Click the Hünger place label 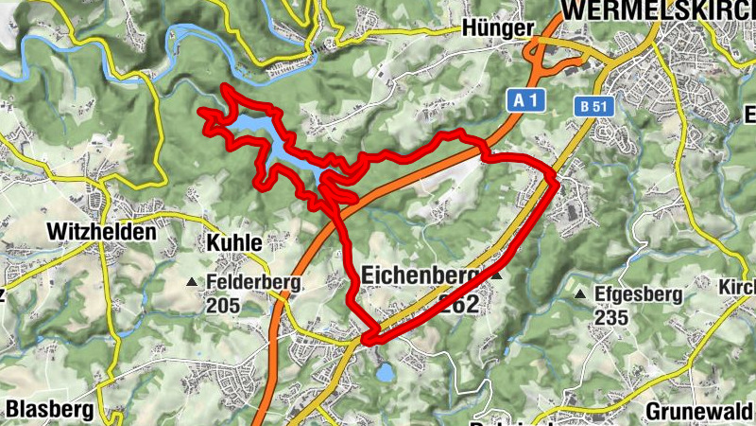(498, 28)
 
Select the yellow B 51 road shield (593, 106)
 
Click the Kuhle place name (232, 242)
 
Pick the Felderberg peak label (252, 282)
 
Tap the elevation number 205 (223, 305)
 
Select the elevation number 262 (459, 302)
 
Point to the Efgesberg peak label (638, 294)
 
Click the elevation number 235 (611, 317)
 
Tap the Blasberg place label (50, 409)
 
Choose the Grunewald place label (700, 412)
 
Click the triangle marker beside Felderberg (193, 282)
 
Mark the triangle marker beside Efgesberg (580, 294)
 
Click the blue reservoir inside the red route (283, 147)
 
